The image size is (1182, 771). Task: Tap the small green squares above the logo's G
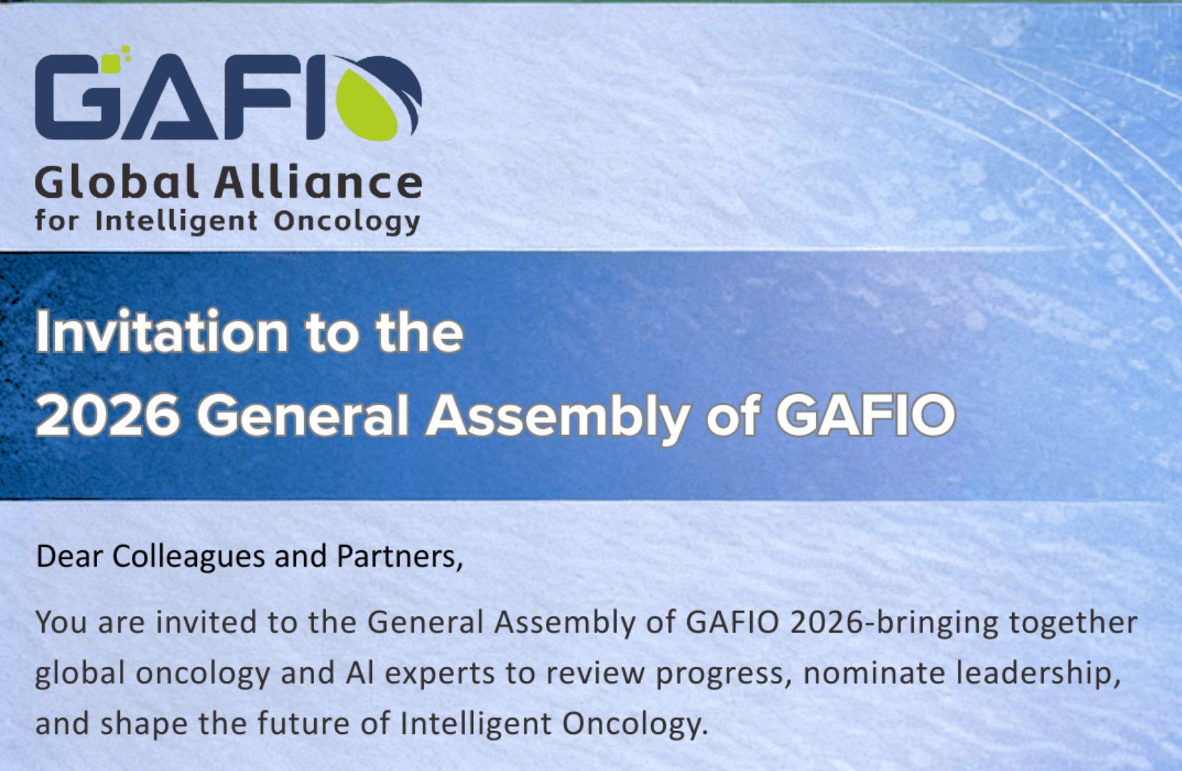pos(116,58)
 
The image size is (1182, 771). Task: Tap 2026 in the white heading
pos(108,415)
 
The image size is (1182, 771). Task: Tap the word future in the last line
pos(303,723)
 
